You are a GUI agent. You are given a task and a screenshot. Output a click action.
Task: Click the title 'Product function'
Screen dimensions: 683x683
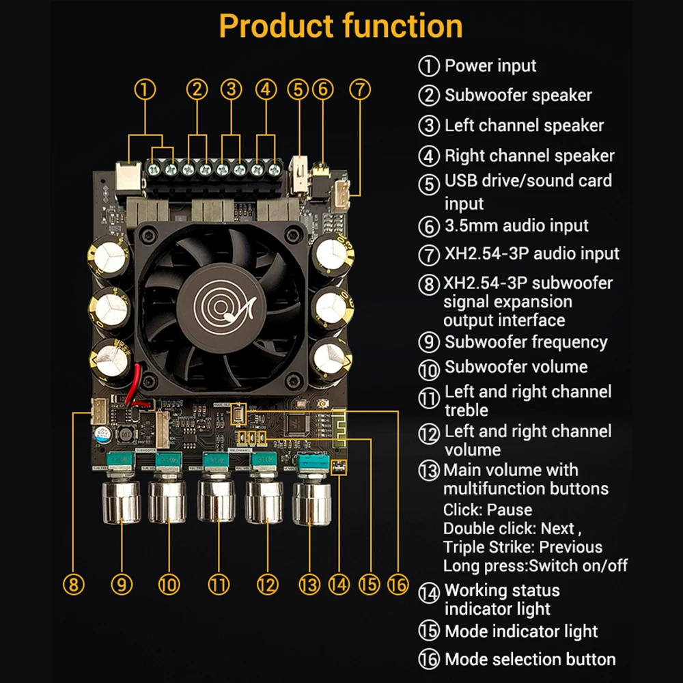pyautogui.click(x=341, y=27)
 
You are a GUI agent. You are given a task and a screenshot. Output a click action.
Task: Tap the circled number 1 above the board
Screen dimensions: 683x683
pyautogui.click(x=145, y=89)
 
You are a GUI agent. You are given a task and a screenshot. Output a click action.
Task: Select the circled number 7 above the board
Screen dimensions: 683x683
pyautogui.click(x=360, y=89)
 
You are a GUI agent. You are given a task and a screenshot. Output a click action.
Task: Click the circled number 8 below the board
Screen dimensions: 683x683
pyautogui.click(x=73, y=584)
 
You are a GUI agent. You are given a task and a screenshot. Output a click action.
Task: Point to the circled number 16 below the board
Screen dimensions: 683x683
pyautogui.click(x=397, y=584)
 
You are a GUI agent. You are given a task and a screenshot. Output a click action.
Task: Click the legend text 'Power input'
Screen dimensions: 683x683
pyautogui.click(x=490, y=66)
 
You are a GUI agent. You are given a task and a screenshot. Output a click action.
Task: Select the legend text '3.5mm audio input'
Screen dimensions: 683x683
pyautogui.click(x=516, y=225)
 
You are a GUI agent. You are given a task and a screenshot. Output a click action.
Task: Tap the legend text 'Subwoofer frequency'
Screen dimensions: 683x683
pyautogui.click(x=526, y=341)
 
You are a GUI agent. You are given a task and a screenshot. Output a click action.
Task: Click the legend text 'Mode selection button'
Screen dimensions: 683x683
pyautogui.click(x=530, y=659)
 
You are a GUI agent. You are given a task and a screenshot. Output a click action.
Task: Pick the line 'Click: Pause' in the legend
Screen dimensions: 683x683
pyautogui.click(x=488, y=510)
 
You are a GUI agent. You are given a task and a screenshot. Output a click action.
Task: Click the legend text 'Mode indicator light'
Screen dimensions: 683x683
pyautogui.click(x=521, y=631)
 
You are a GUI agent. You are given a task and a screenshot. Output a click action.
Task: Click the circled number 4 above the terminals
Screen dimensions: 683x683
pyautogui.click(x=266, y=89)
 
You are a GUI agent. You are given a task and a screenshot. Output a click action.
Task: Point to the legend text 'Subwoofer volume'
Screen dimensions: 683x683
pyautogui.click(x=516, y=367)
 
